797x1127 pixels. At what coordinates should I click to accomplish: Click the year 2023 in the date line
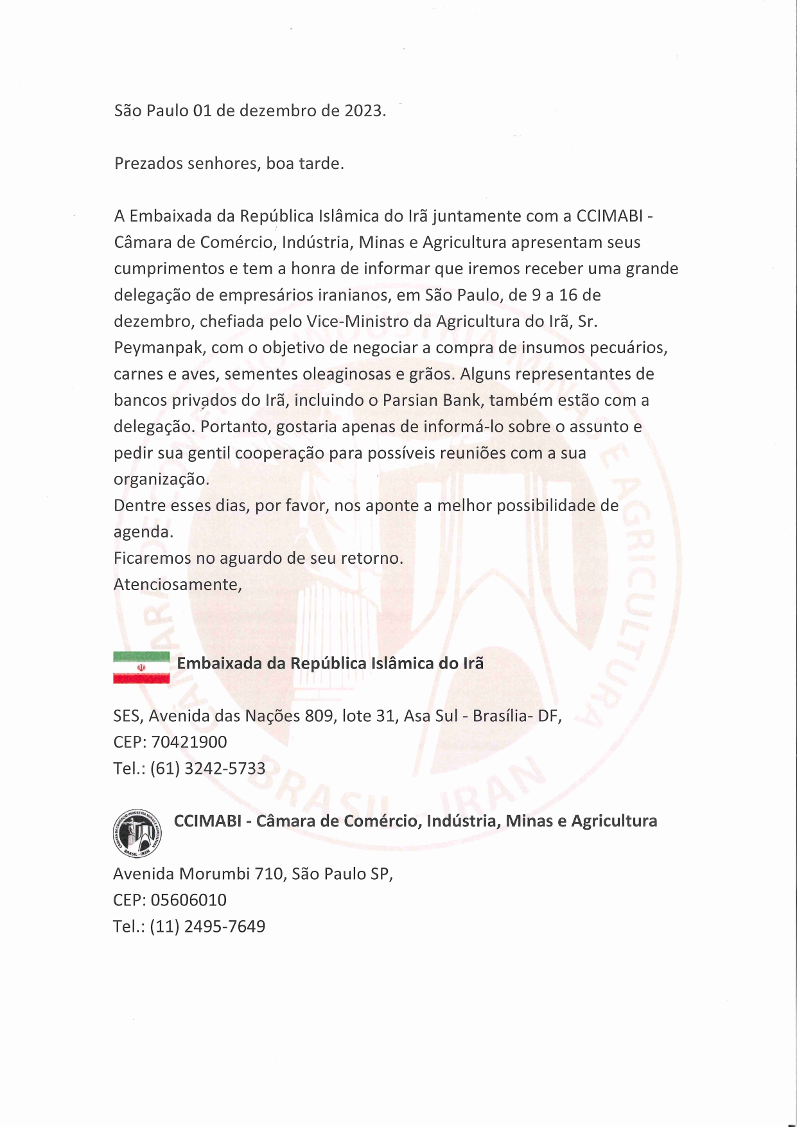(x=363, y=110)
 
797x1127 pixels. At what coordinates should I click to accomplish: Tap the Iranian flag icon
(x=141, y=667)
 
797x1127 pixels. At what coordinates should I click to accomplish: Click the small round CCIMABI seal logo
(x=136, y=832)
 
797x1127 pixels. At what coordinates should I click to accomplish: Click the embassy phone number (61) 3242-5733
(x=207, y=768)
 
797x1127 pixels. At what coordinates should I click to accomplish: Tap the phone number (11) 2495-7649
(x=207, y=926)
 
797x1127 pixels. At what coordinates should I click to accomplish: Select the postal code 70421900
(x=189, y=742)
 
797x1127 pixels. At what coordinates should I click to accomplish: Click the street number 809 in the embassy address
(x=319, y=715)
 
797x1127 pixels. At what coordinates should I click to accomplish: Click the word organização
(x=161, y=479)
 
